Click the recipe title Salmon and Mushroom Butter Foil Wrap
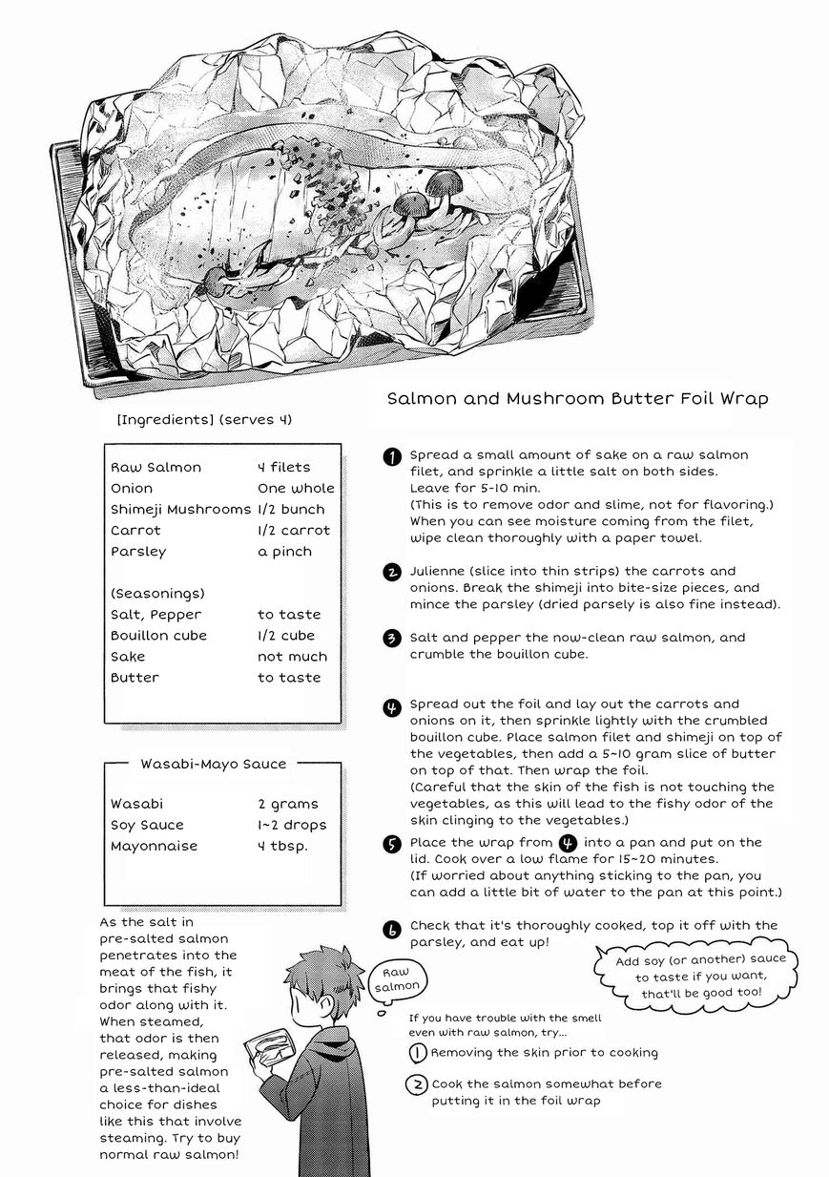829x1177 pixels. click(x=577, y=399)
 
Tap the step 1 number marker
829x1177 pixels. click(x=391, y=456)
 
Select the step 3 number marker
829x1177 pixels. click(x=391, y=638)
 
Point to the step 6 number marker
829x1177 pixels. click(x=391, y=928)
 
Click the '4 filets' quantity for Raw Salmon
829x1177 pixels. click(x=283, y=467)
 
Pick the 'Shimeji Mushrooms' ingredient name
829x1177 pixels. click(x=180, y=509)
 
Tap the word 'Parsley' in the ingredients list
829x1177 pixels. click(x=138, y=551)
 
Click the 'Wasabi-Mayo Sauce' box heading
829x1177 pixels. click(x=207, y=764)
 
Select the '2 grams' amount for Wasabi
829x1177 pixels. click(x=288, y=804)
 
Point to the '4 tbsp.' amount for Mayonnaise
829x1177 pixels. click(x=282, y=846)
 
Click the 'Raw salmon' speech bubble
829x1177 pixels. click(x=394, y=977)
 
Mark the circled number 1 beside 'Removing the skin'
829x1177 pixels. click(x=417, y=1053)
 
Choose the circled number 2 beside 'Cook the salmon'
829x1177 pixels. click(x=417, y=1084)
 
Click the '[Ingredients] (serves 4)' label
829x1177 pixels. click(x=203, y=419)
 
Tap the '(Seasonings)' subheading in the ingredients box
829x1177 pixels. click(x=157, y=593)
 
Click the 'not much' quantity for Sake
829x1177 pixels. click(x=292, y=656)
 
